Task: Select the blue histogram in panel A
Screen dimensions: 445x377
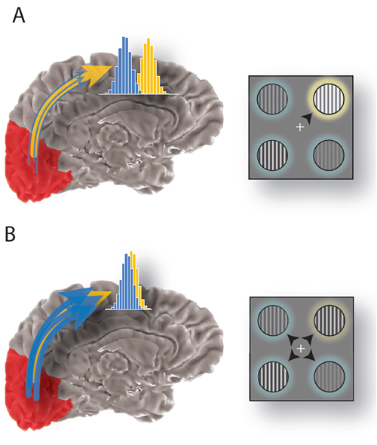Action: tap(123, 70)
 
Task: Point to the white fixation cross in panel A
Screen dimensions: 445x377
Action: tap(300, 128)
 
